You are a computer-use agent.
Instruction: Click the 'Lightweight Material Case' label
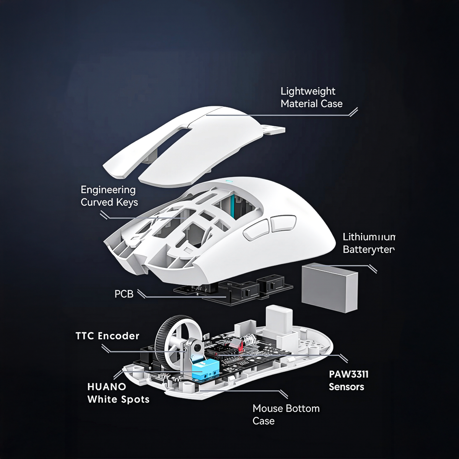coord(311,97)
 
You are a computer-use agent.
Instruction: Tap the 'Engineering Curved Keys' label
coord(109,196)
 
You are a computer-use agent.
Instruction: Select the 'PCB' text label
coord(124,294)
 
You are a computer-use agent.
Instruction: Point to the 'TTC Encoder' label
coord(107,336)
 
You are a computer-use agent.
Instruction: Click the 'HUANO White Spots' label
coord(118,393)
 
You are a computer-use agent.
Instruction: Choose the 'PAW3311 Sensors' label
coord(348,380)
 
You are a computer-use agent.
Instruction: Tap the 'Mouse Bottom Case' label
coord(286,414)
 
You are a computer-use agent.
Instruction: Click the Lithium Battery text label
coord(368,243)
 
